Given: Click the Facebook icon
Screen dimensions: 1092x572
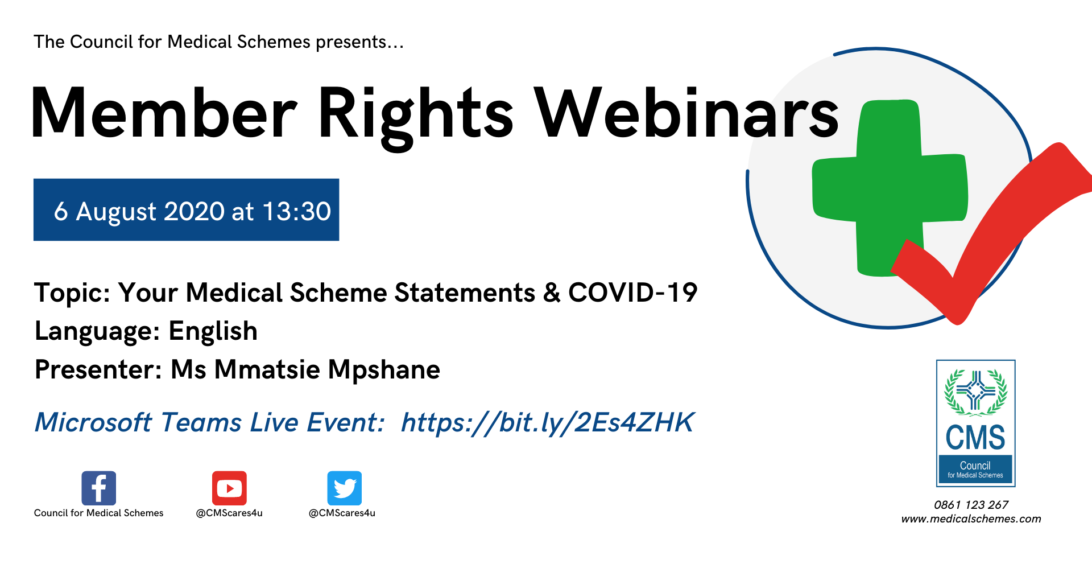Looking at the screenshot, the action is click(x=98, y=488).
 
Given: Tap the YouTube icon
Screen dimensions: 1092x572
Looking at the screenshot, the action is click(x=229, y=488).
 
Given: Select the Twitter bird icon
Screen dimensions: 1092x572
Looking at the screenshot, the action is click(x=344, y=488).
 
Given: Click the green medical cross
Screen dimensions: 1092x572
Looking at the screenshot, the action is click(x=889, y=188).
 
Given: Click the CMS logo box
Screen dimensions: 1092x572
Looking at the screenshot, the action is click(x=975, y=423).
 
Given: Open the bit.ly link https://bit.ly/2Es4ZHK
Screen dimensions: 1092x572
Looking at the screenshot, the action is click(x=547, y=423).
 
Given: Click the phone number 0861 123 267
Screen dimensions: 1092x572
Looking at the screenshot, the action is click(x=971, y=505).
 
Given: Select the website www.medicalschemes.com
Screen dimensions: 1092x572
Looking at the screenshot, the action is click(x=971, y=519).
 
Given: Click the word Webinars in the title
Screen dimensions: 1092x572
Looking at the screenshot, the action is click(x=686, y=113).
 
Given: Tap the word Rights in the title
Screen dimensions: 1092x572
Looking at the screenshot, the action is click(x=416, y=117).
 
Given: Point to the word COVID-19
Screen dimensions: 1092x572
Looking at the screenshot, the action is click(x=632, y=293).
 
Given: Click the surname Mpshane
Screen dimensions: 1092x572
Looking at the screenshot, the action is click(x=384, y=371).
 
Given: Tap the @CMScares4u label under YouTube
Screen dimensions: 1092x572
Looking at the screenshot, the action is click(x=229, y=513).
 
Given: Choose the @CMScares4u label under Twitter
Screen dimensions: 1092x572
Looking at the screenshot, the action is click(x=342, y=513).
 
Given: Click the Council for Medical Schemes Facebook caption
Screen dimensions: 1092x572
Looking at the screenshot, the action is click(x=98, y=513).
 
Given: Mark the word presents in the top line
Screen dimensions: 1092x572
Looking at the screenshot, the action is click(x=351, y=43).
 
